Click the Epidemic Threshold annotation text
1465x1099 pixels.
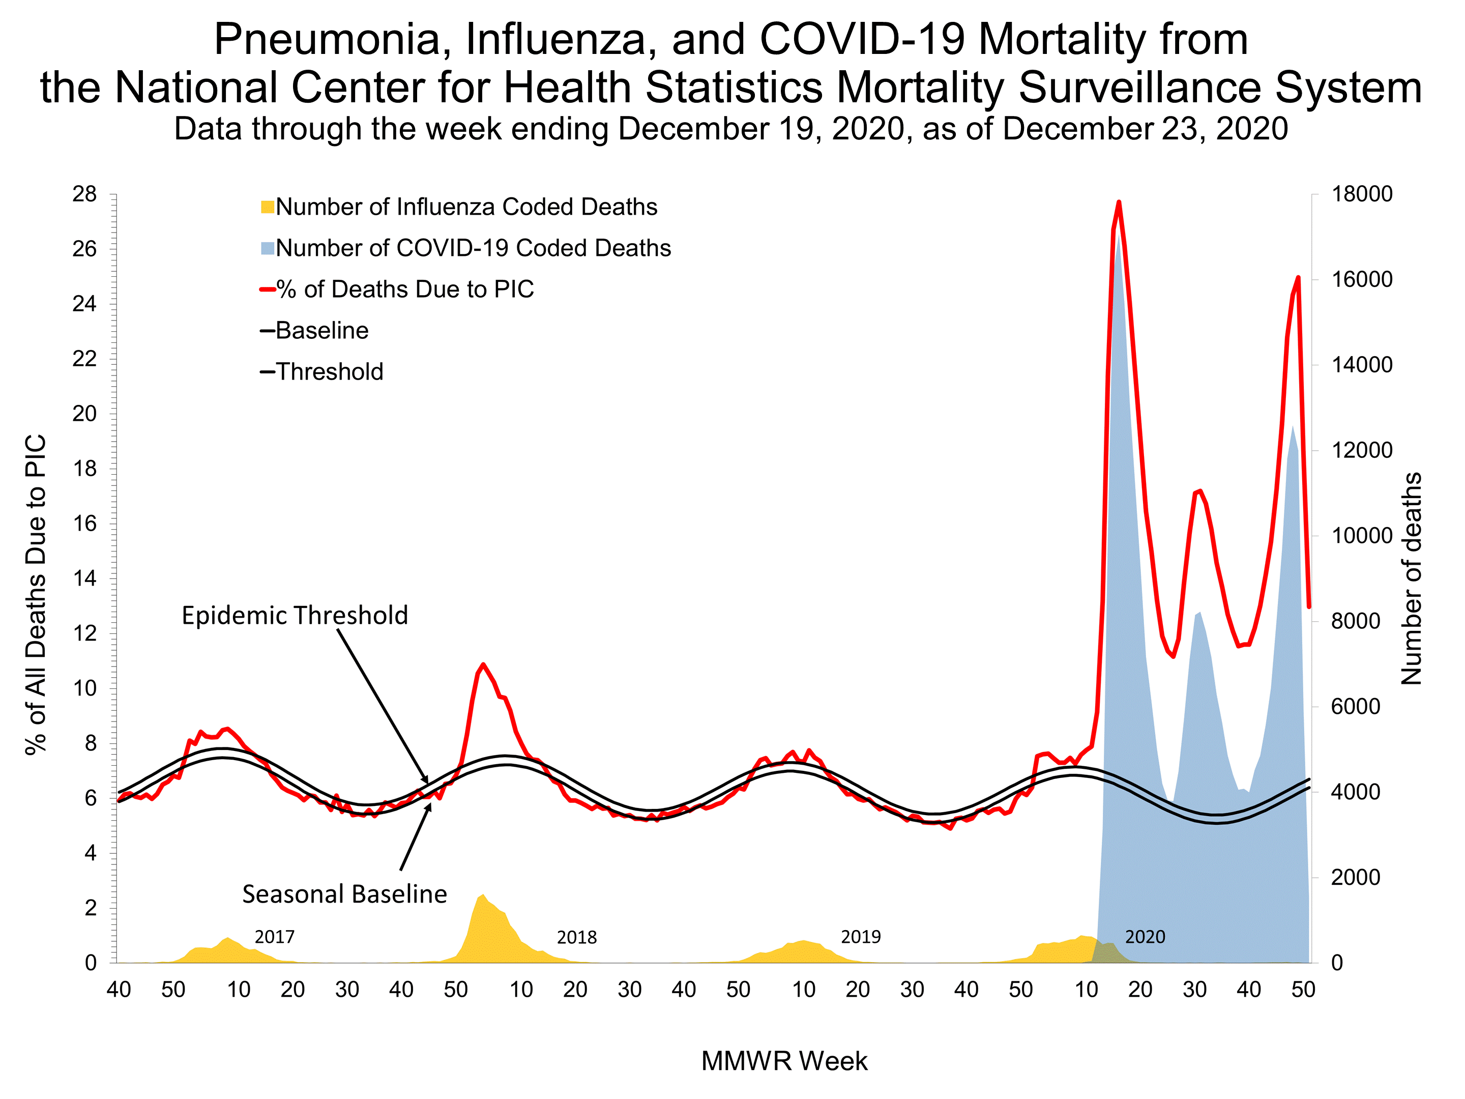pyautogui.click(x=295, y=616)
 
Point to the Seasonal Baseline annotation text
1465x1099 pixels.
pyautogui.click(x=344, y=894)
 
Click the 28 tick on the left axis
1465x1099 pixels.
pyautogui.click(x=85, y=195)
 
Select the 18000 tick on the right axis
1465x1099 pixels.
pyautogui.click(x=1362, y=195)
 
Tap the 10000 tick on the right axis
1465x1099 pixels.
pyautogui.click(x=1362, y=536)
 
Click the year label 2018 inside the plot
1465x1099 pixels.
pyautogui.click(x=576, y=937)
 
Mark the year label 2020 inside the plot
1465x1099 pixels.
pyautogui.click(x=1145, y=937)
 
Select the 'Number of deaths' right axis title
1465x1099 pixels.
pyautogui.click(x=1412, y=577)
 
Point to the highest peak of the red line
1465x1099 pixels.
pyautogui.click(x=1119, y=202)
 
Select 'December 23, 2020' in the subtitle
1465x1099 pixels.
pyautogui.click(x=1145, y=129)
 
